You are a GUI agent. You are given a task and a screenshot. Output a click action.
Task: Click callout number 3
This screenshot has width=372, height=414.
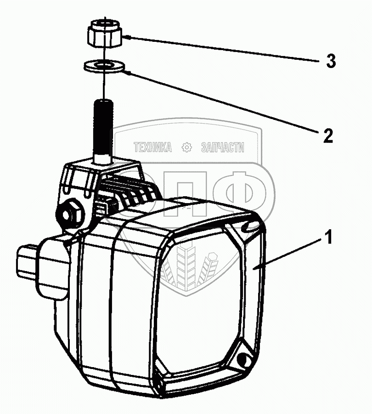[x=331, y=61]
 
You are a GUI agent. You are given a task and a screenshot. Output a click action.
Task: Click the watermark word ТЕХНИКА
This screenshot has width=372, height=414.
[x=152, y=147]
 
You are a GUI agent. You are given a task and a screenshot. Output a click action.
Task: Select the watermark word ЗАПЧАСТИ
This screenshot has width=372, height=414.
[x=222, y=147]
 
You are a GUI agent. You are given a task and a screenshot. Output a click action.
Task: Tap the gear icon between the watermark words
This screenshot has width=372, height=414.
[x=186, y=147]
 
